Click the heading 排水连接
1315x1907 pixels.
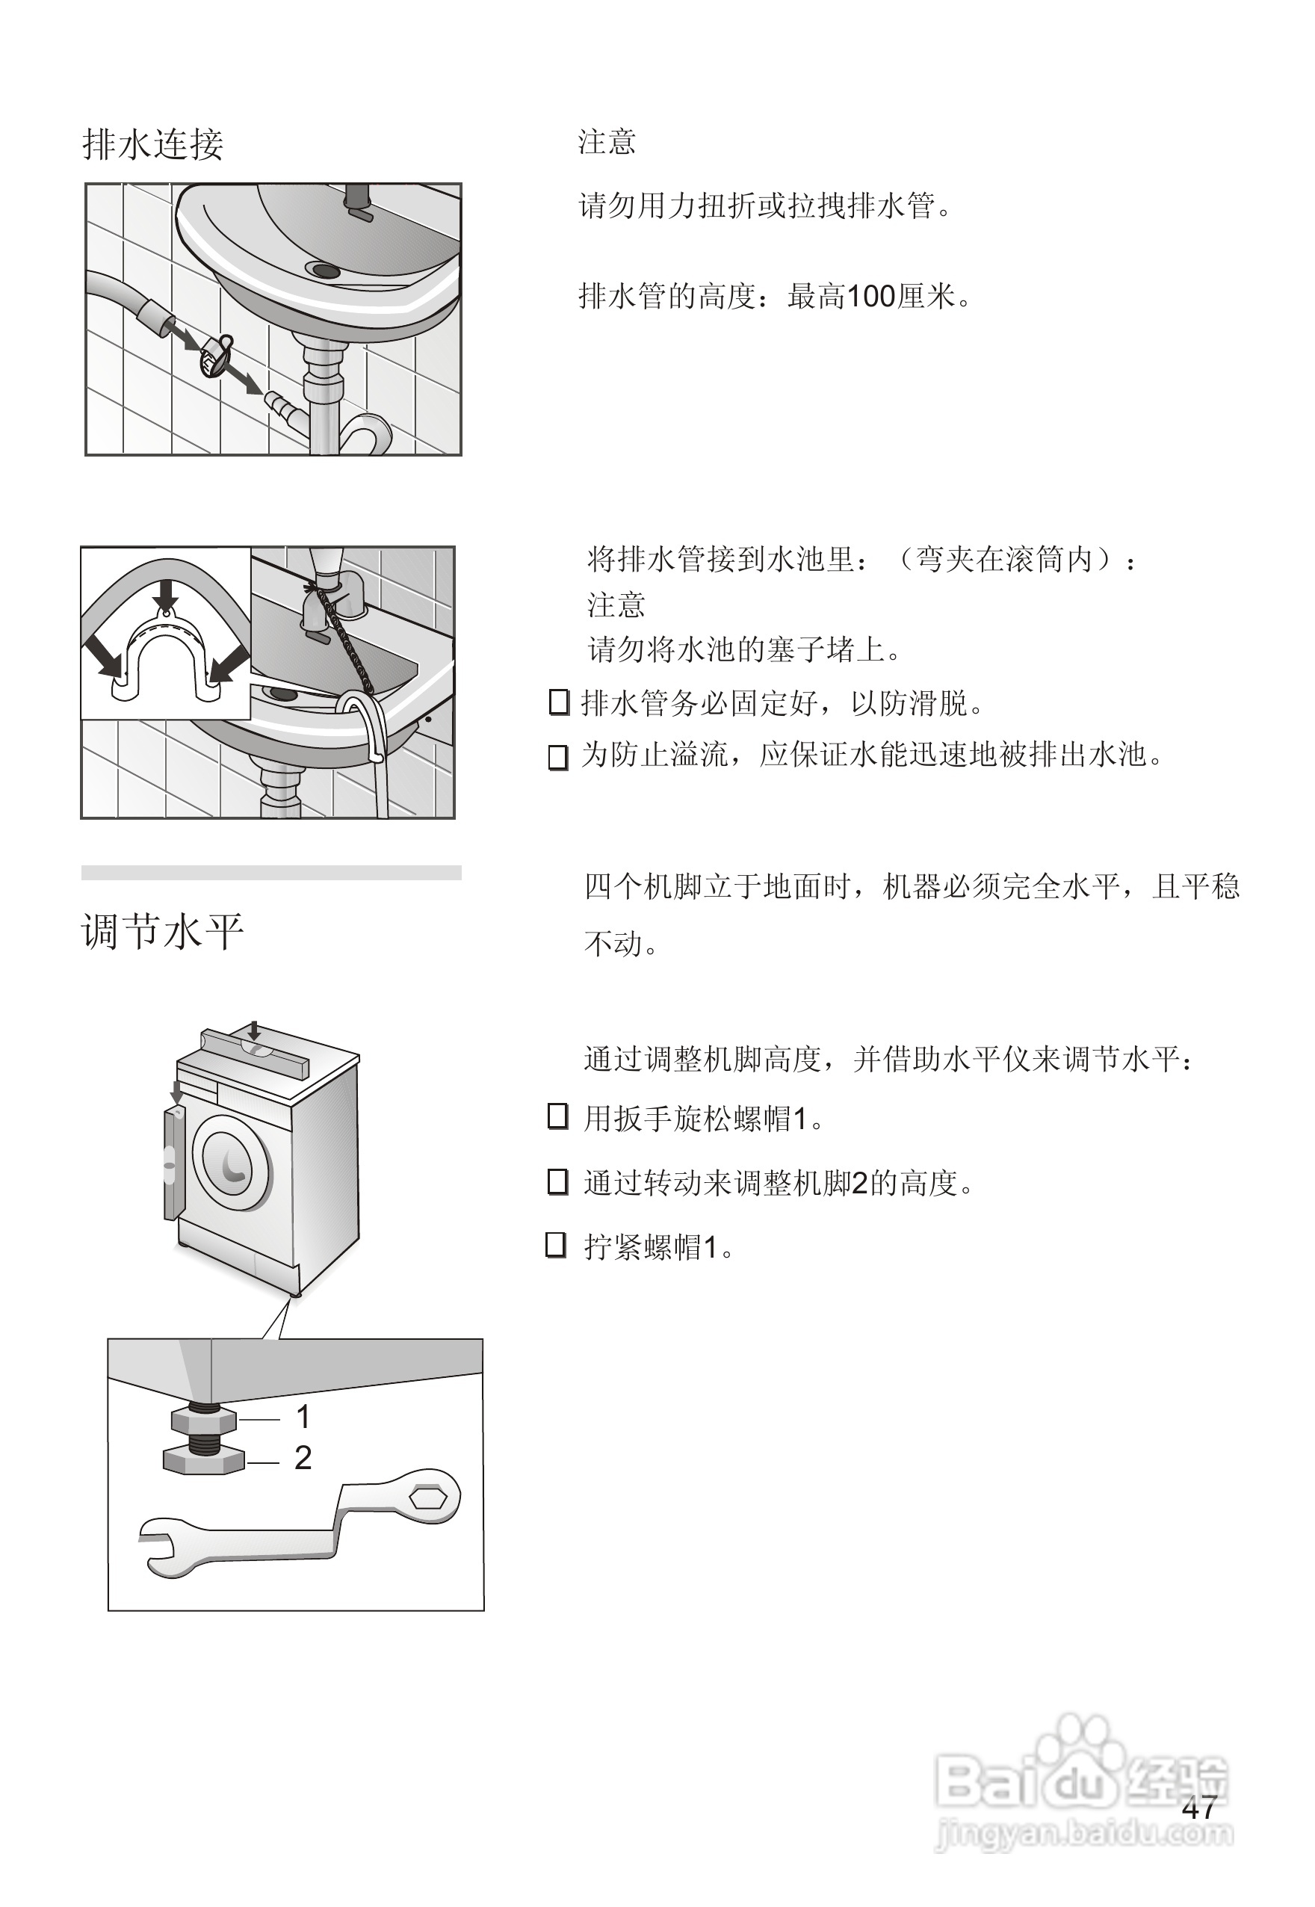click(x=153, y=144)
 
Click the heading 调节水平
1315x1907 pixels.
click(x=162, y=932)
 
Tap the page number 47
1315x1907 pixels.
click(x=1199, y=1808)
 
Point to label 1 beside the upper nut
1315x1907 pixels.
click(x=303, y=1417)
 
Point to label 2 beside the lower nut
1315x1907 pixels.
click(x=303, y=1458)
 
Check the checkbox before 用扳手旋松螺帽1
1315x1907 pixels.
click(x=558, y=1117)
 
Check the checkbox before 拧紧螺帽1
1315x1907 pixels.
click(x=556, y=1245)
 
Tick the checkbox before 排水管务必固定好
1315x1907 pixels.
click(x=559, y=702)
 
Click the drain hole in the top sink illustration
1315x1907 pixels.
click(x=322, y=270)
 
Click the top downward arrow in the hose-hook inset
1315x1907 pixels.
click(x=167, y=593)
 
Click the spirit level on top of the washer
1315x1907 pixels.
click(x=254, y=1052)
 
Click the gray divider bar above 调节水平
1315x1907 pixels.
click(x=271, y=873)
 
